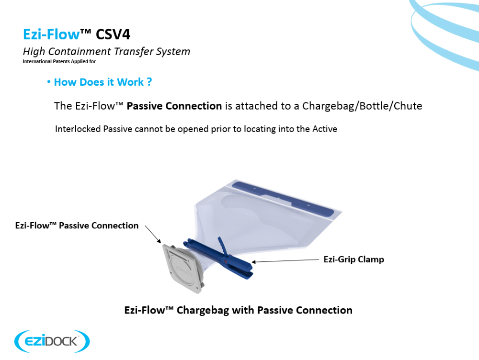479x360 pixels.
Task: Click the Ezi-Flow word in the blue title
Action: [x=51, y=34]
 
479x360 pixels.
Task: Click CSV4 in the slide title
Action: [x=113, y=34]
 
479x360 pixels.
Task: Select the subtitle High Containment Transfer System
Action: [x=106, y=52]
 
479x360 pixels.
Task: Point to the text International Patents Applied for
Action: [x=59, y=61]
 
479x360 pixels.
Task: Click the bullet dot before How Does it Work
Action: [x=48, y=82]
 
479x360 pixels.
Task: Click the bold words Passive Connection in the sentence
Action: [x=174, y=106]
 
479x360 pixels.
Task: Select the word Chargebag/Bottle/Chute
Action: [x=362, y=106]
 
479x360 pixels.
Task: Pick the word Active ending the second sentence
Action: [x=324, y=129]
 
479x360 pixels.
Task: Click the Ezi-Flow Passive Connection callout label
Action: [x=77, y=225]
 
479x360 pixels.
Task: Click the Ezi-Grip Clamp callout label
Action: [x=354, y=259]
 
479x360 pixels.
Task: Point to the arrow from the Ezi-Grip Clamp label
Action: [x=285, y=260]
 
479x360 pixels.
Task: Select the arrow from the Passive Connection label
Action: [x=153, y=234]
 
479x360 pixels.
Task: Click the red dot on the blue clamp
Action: [x=226, y=262]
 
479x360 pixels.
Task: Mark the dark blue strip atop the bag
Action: [x=283, y=198]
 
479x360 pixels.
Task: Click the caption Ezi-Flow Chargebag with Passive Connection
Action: [x=238, y=310]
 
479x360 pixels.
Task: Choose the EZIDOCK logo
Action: [x=52, y=341]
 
